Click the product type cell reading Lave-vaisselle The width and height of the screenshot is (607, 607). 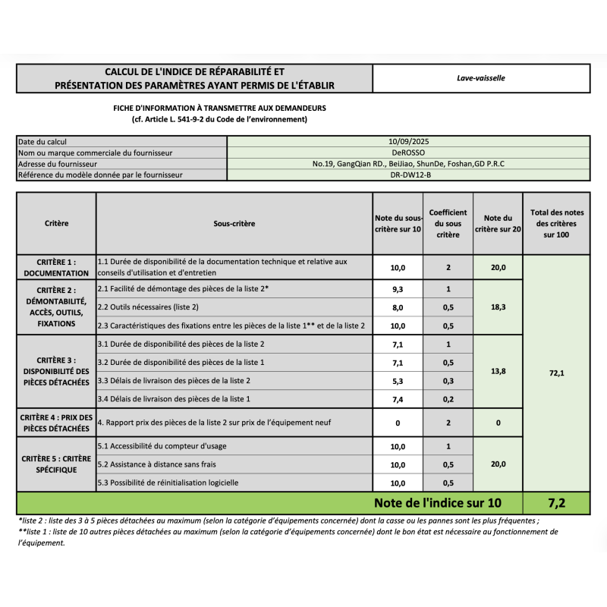481,78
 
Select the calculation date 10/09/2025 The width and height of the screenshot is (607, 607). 408,141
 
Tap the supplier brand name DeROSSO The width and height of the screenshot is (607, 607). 408,153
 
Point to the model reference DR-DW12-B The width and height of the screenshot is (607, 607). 408,175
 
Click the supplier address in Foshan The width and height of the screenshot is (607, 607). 408,164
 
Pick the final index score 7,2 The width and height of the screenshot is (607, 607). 556,502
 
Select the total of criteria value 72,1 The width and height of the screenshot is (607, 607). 556,373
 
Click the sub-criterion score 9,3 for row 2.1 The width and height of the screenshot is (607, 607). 398,289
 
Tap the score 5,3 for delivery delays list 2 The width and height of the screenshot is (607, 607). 398,380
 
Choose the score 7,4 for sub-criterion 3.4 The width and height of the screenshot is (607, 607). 398,398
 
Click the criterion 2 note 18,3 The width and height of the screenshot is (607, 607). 498,307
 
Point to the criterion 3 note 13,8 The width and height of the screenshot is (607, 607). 498,371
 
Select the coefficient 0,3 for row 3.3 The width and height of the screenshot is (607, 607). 448,380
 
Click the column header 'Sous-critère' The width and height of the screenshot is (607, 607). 234,224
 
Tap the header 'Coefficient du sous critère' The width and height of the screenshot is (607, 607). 448,224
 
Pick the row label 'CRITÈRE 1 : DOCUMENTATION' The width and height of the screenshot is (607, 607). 56,266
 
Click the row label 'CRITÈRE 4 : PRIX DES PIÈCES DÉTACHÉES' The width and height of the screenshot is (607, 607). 56,423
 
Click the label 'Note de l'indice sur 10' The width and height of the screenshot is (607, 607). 437,502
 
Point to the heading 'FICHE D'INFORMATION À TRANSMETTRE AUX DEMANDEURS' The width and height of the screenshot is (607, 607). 219,109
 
